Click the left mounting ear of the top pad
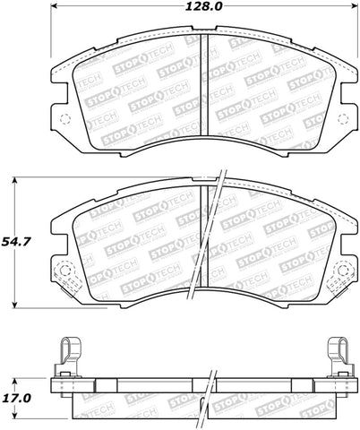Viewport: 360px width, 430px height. click(x=57, y=112)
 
